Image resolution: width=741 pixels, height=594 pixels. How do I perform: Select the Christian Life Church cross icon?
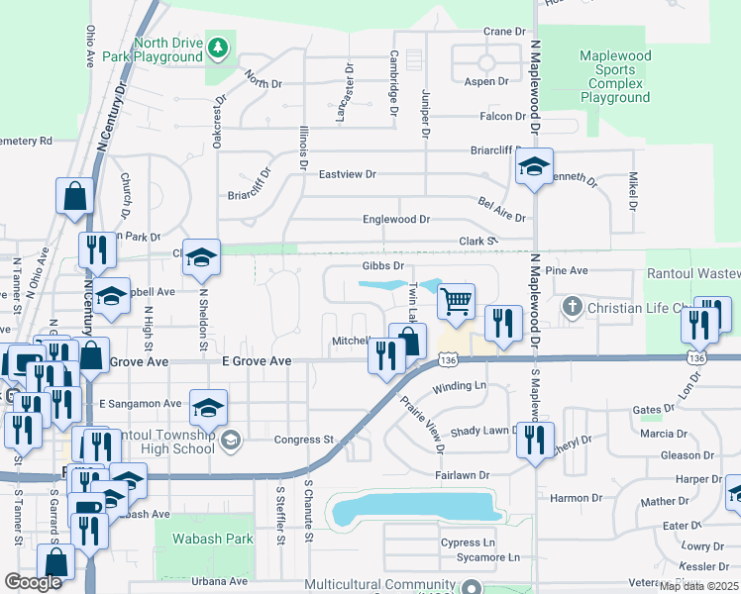[x=572, y=308]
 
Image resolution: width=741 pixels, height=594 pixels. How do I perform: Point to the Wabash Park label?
[x=202, y=542]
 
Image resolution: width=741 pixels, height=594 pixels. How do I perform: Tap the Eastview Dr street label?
[x=348, y=174]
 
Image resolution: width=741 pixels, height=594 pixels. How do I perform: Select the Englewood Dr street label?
[x=395, y=219]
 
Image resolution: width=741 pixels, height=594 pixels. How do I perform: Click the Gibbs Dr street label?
[x=379, y=265]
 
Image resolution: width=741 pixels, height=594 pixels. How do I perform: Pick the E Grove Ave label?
[x=256, y=362]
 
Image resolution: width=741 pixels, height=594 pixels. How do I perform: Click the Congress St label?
[x=301, y=439]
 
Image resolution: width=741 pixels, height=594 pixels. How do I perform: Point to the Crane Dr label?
[x=503, y=32]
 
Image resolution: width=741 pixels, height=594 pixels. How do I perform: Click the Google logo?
[x=33, y=582]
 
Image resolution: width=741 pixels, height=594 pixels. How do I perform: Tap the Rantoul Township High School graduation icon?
[x=231, y=440]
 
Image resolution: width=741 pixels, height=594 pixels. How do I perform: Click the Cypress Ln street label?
[x=469, y=543]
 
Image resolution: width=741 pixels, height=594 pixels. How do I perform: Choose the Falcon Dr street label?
[x=501, y=117]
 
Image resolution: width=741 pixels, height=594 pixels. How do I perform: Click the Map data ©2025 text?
[x=697, y=586]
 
